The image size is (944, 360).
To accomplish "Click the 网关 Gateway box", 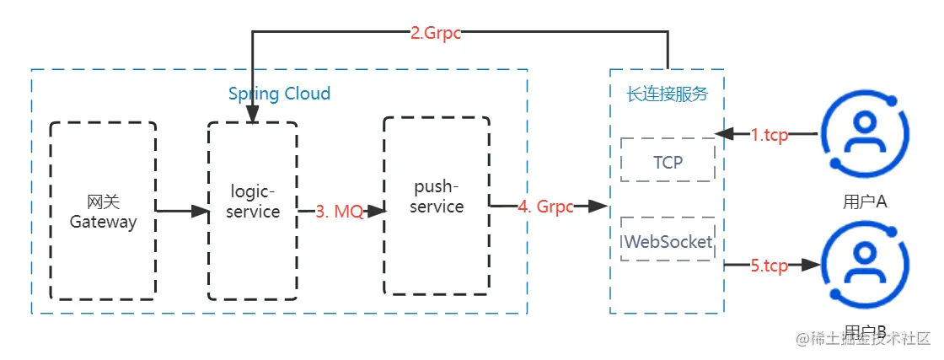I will click(102, 211).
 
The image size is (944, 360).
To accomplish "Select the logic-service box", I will click(252, 211).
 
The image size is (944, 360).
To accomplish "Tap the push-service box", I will click(437, 206).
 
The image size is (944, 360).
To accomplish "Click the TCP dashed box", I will click(668, 160).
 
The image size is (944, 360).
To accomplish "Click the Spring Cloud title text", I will click(279, 93).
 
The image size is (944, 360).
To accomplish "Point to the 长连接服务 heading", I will click(667, 94).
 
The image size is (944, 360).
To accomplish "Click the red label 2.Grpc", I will click(436, 34).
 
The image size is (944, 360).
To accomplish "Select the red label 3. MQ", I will click(340, 212).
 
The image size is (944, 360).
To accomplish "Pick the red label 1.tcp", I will click(770, 135).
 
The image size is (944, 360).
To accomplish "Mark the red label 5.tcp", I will click(769, 266).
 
